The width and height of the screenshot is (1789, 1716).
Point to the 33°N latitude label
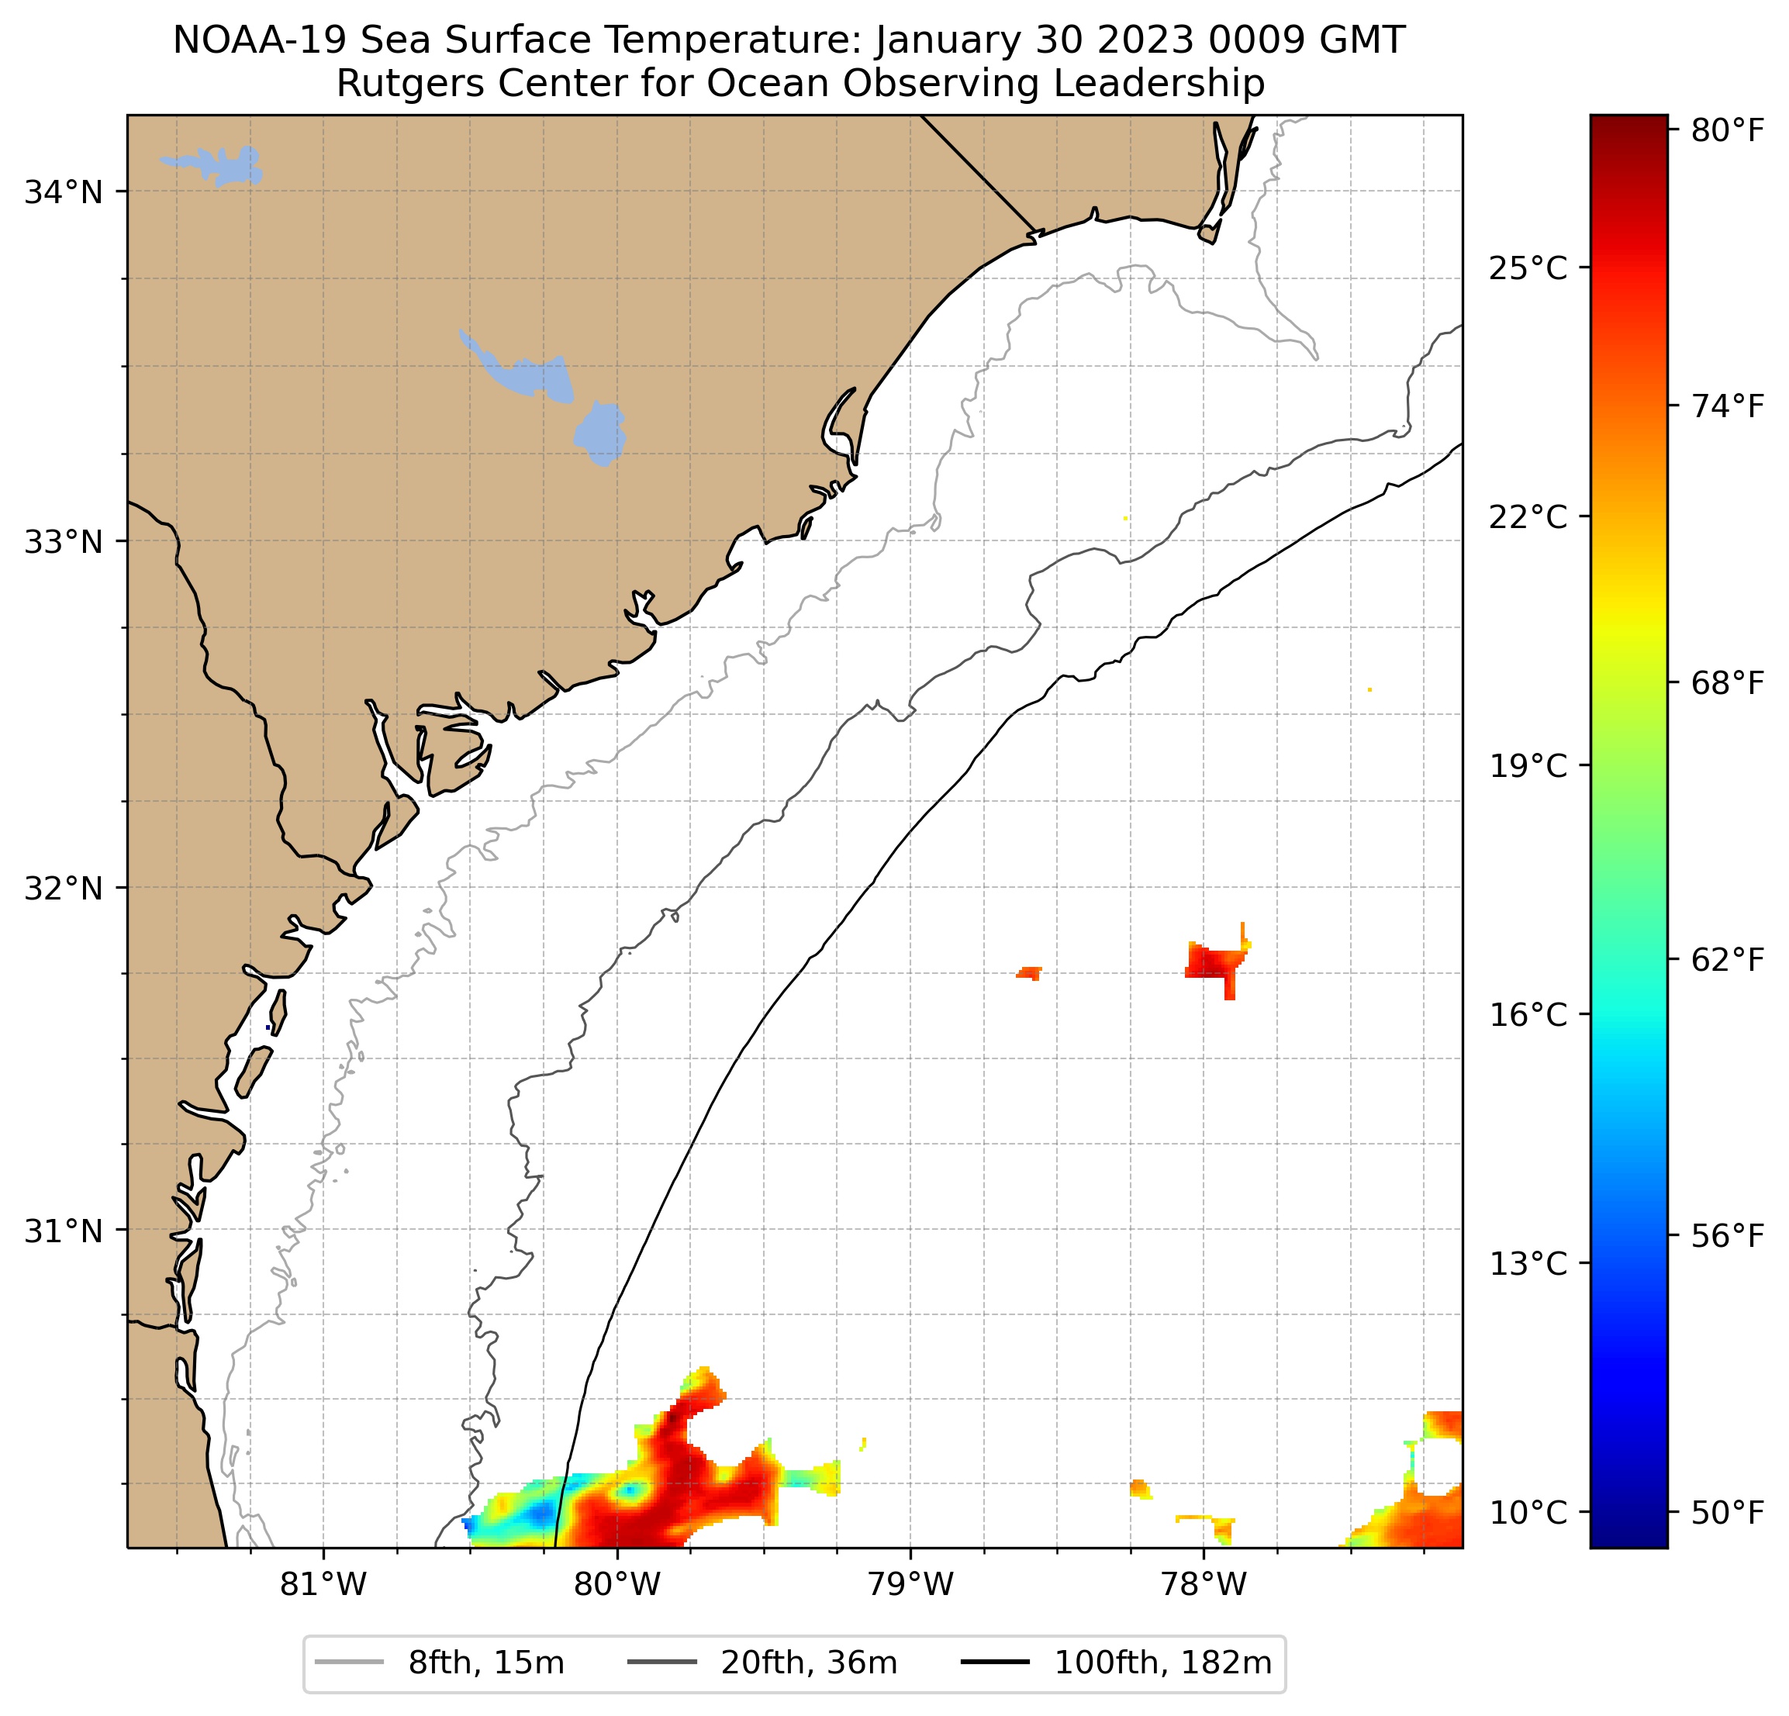[x=63, y=542]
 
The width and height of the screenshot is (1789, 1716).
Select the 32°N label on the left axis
[x=63, y=888]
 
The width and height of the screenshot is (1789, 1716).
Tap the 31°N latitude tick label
[x=63, y=1231]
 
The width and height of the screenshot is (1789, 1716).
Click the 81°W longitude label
[x=323, y=1584]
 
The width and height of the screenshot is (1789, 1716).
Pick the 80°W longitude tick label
[x=617, y=1584]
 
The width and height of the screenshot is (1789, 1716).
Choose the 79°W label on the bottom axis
[x=910, y=1584]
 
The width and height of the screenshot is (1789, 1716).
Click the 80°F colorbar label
[x=1728, y=132]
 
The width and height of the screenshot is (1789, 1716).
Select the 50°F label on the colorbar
[x=1728, y=1513]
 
